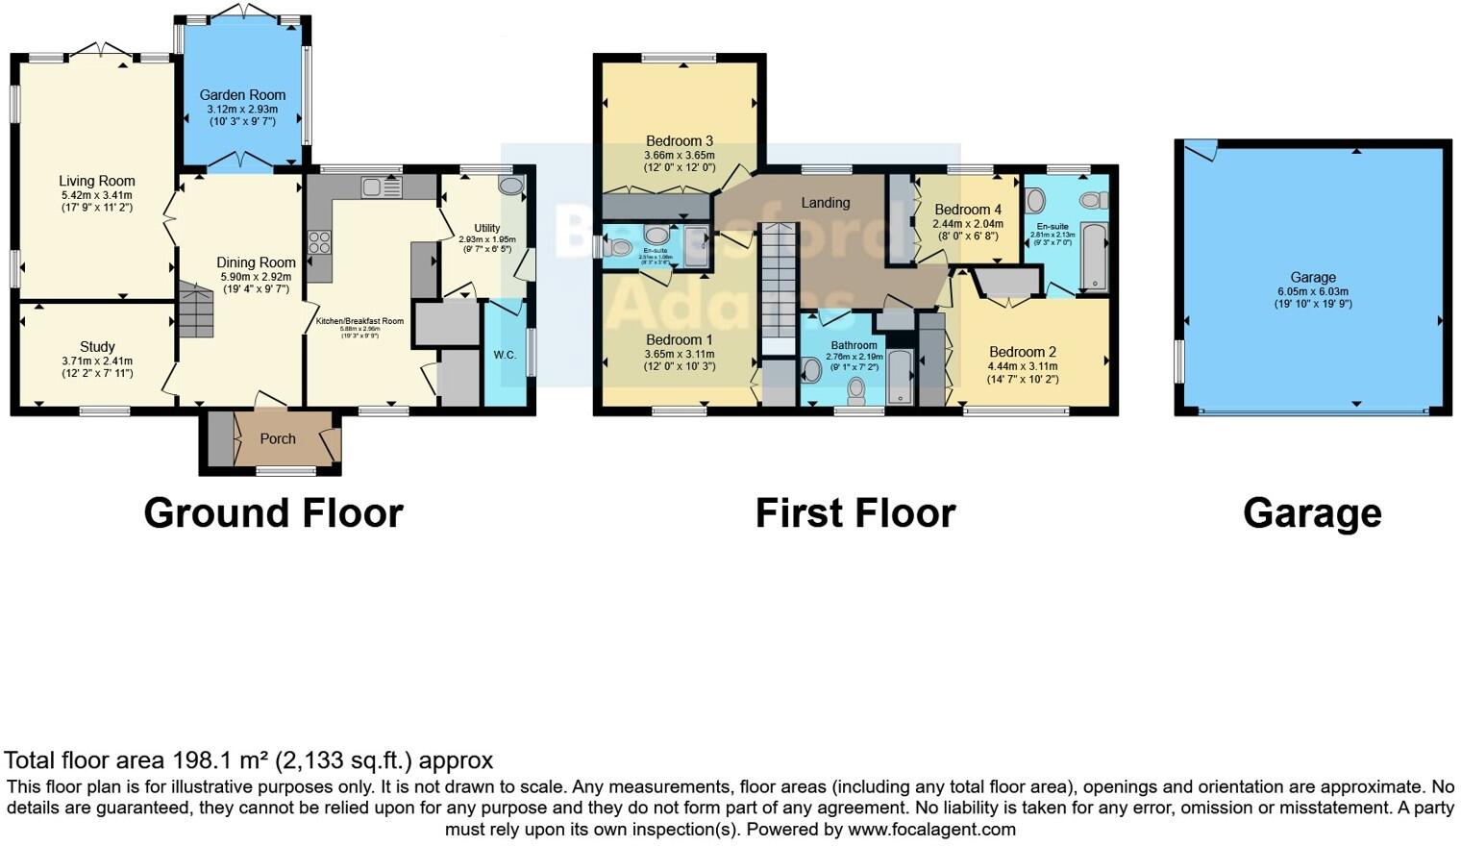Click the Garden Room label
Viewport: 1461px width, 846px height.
click(242, 95)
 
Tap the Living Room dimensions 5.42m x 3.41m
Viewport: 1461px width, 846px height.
click(96, 195)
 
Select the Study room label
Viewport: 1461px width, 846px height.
click(97, 347)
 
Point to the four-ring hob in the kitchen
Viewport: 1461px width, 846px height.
click(319, 242)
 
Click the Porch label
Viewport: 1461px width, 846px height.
click(278, 439)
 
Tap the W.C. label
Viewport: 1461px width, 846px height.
click(505, 356)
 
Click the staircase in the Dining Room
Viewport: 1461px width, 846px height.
click(195, 310)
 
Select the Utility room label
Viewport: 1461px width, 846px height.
click(486, 229)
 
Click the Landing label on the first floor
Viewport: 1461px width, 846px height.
click(826, 203)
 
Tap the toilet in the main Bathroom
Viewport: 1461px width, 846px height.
click(856, 389)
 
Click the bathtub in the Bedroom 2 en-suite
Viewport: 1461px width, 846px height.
click(1094, 256)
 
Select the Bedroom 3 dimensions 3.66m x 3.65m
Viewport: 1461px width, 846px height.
click(679, 156)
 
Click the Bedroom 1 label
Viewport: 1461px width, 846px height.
click(679, 340)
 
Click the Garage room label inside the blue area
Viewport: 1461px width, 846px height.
click(1313, 277)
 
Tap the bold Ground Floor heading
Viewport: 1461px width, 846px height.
click(273, 513)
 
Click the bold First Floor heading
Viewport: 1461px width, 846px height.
click(854, 513)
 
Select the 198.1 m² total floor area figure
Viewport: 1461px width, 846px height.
click(221, 760)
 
